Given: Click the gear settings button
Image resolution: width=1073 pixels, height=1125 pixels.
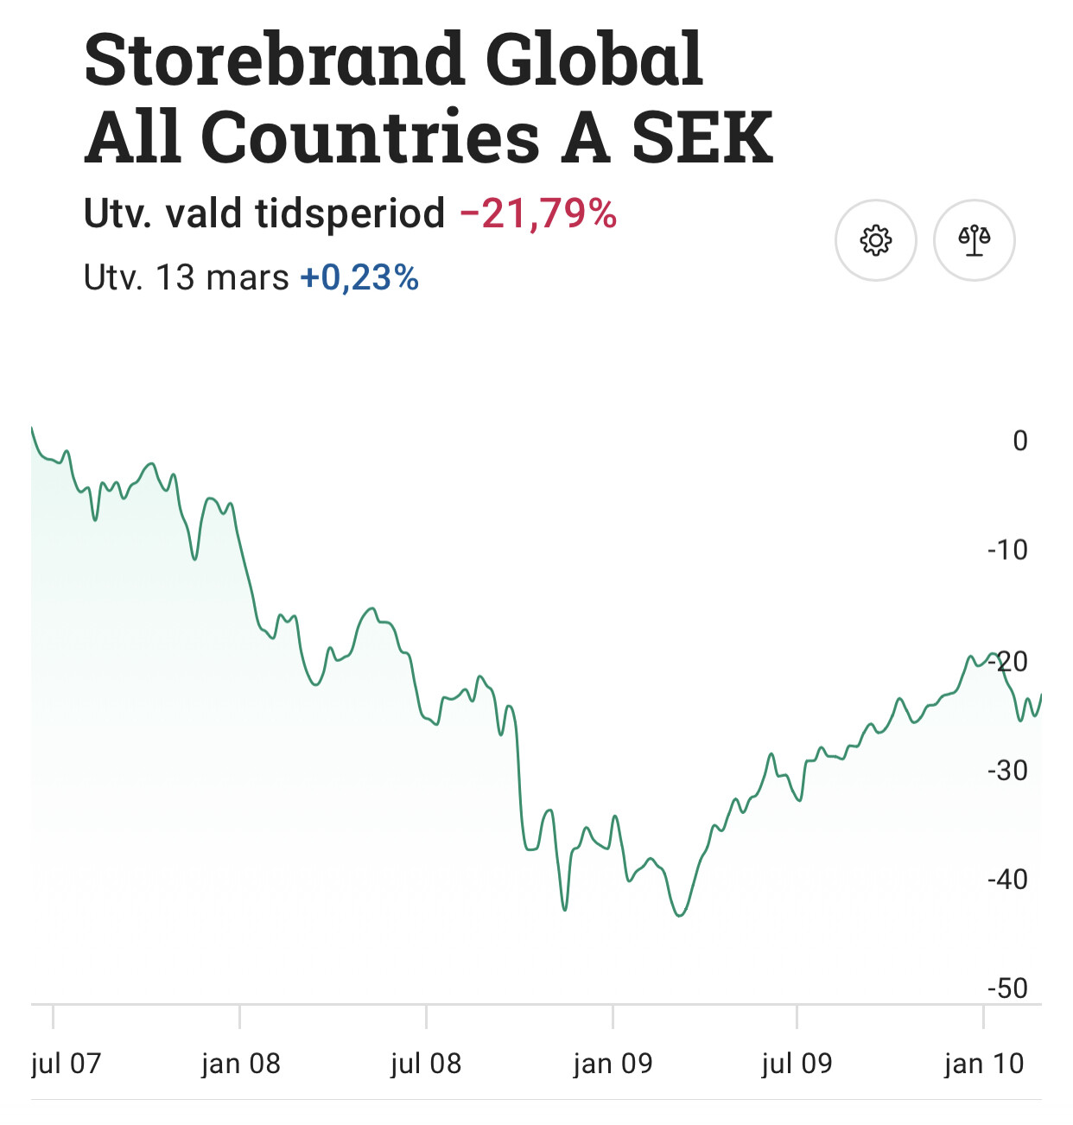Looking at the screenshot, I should point(875,240).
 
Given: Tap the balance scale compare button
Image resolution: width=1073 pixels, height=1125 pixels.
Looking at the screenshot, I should point(974,240).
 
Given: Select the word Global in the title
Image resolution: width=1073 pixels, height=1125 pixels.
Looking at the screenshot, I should point(594,60).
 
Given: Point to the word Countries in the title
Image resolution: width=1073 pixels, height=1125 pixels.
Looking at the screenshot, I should point(371,138).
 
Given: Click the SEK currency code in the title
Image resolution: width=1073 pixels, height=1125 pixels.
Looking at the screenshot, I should point(702,138).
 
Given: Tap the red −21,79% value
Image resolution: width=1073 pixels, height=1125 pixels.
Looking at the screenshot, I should point(538,213).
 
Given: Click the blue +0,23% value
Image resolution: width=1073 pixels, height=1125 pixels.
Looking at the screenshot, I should point(359,278).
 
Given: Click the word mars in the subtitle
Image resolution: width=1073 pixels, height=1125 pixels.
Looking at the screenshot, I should point(247,278).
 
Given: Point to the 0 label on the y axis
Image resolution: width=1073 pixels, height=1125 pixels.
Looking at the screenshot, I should point(1019,441).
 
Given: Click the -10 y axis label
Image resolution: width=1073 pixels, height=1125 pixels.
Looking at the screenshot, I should point(1007,550).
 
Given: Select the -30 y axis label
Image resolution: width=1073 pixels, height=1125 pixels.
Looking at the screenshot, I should point(1007,770).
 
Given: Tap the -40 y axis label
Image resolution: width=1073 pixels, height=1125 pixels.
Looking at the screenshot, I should point(1007,880).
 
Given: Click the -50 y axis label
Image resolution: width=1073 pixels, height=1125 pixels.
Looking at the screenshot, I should point(1007,988).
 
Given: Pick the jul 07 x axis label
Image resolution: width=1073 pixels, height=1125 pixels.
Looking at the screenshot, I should point(66,1063).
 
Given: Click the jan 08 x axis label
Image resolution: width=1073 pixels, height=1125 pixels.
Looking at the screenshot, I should point(241,1063).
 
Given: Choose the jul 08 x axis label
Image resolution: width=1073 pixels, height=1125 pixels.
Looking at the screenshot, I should point(426,1063).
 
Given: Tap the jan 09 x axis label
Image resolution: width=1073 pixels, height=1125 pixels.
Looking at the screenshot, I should point(613,1063).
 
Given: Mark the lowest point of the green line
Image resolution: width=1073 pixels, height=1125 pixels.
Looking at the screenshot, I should point(680,915).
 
